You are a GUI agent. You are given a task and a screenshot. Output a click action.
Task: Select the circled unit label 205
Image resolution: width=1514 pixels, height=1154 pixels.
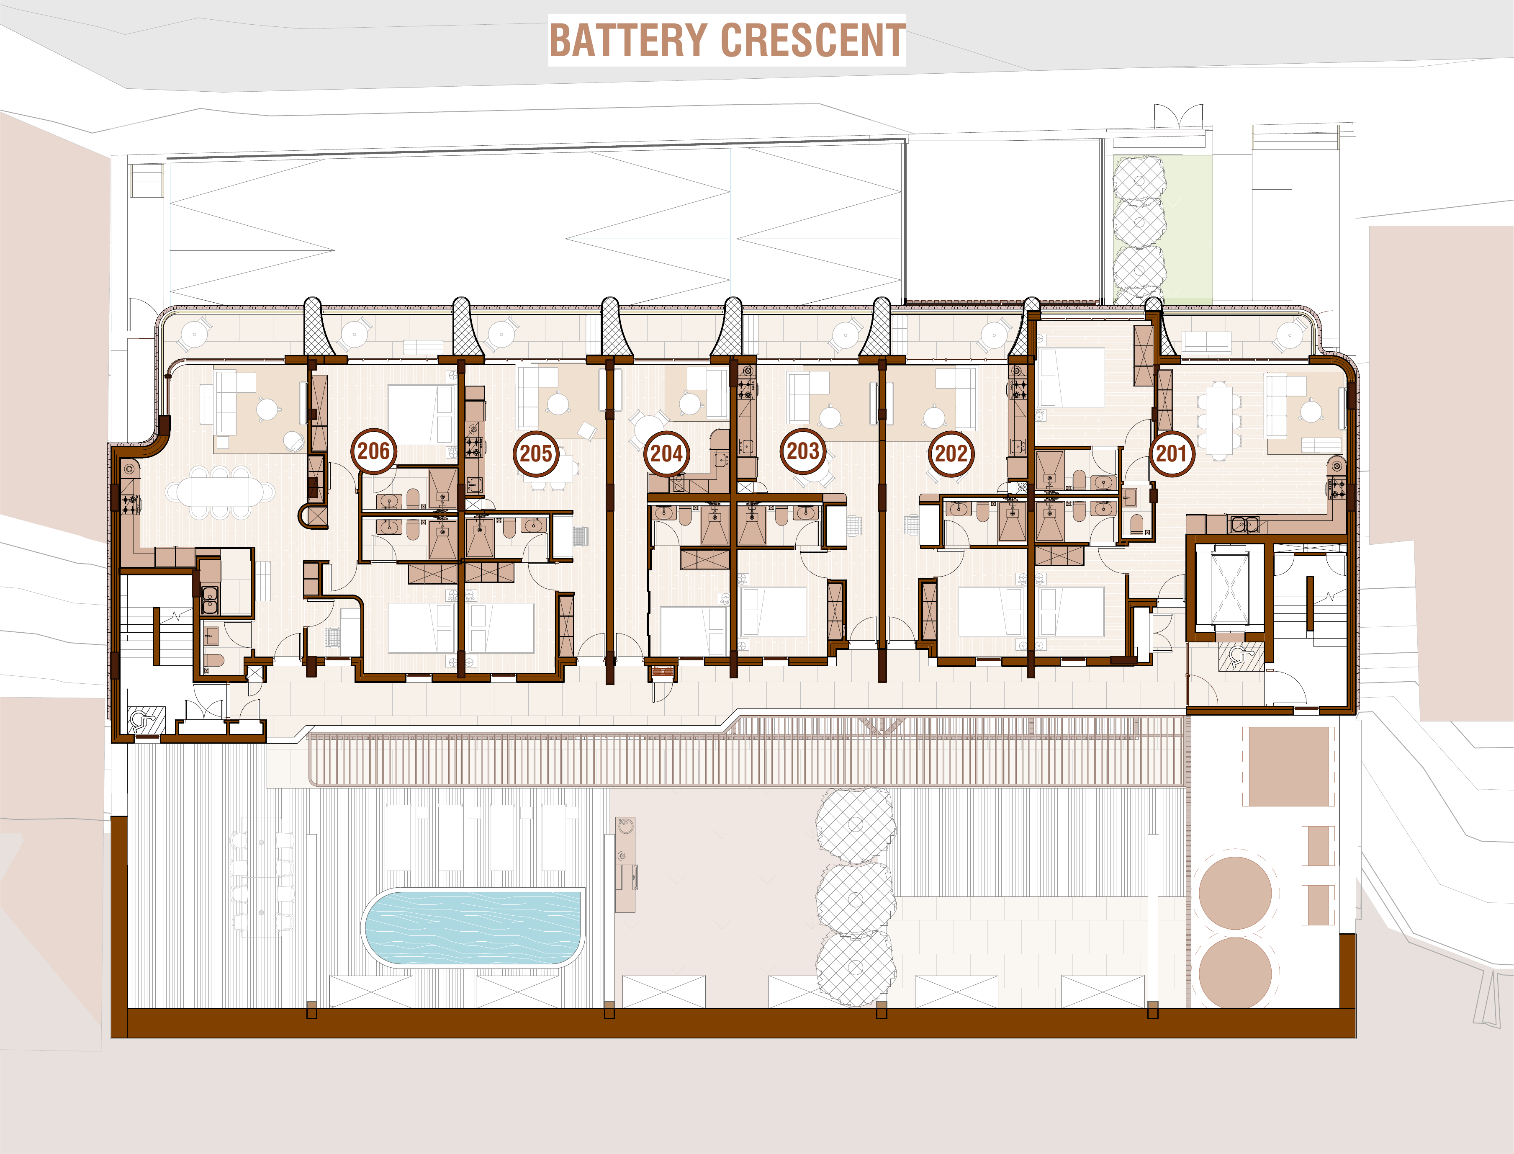pos(535,453)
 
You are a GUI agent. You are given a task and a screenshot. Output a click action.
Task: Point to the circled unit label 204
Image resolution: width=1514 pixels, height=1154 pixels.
pos(666,453)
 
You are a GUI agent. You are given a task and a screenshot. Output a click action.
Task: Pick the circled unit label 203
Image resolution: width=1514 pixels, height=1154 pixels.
pos(803,451)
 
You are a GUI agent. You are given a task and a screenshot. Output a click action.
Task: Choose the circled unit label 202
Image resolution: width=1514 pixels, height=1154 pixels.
pos(951,453)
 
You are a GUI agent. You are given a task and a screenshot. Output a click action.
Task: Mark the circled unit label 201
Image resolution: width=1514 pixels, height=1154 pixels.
pos(1171,453)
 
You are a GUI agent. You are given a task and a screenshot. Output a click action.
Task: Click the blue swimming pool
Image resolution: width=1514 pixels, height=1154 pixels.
pos(473,928)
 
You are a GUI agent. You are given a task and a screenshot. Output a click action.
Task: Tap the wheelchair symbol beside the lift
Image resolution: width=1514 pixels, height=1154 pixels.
pos(1240,657)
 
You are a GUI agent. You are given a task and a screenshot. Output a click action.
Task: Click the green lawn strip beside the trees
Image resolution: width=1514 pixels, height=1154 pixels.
pos(1188,230)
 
